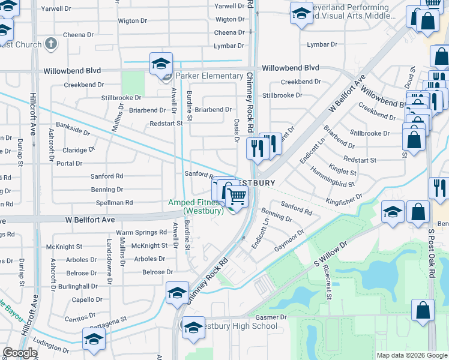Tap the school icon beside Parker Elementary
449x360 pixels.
coord(161,64)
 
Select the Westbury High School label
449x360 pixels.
coord(237,326)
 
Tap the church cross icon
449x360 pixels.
coord(51,44)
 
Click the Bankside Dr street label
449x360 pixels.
coord(72,127)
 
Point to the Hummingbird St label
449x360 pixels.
coord(333,178)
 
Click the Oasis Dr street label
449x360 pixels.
coord(237,130)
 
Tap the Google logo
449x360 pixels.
coord(20,353)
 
